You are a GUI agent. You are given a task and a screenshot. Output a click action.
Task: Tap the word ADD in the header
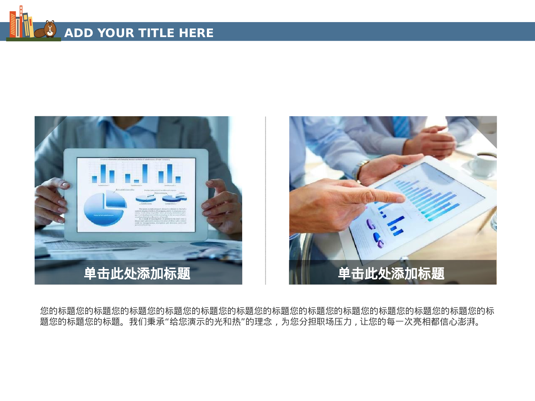point(78,33)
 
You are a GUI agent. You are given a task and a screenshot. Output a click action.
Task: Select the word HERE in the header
point(196,33)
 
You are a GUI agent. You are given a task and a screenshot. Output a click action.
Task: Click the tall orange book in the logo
point(13,24)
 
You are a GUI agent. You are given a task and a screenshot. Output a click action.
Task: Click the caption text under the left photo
point(137,274)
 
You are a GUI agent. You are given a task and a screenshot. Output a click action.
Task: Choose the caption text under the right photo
point(391,274)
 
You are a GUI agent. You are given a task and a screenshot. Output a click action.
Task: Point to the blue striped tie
point(401,127)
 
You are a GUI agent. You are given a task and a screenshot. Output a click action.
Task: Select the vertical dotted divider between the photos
point(265,200)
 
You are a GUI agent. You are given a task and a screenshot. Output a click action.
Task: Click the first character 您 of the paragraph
point(44,311)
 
